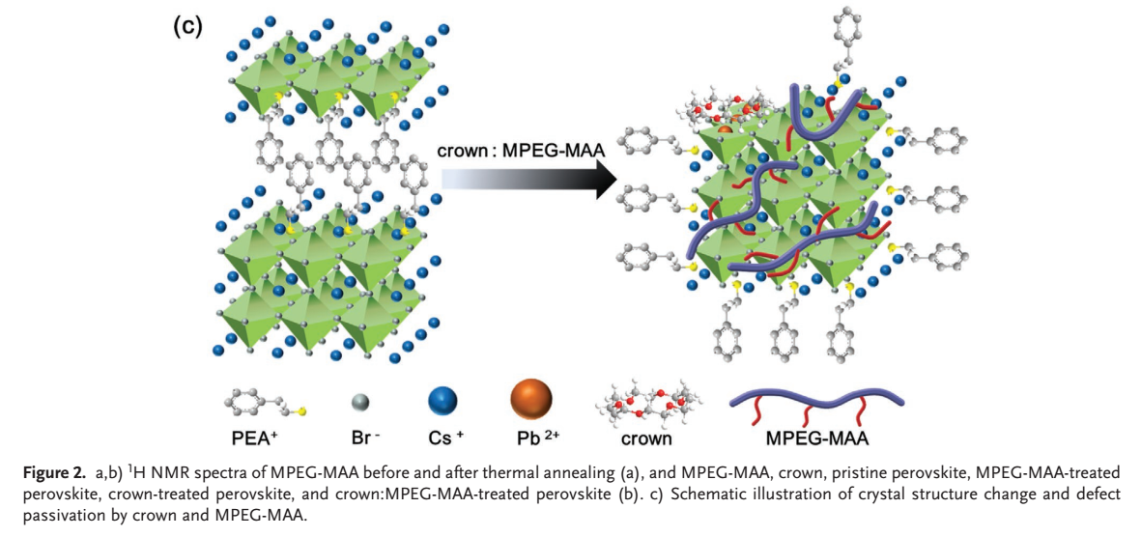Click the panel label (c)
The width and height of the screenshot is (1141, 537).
pyautogui.click(x=186, y=27)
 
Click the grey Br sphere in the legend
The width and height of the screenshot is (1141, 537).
pyautogui.click(x=359, y=401)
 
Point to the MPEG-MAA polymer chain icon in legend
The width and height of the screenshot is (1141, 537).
pyautogui.click(x=815, y=403)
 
